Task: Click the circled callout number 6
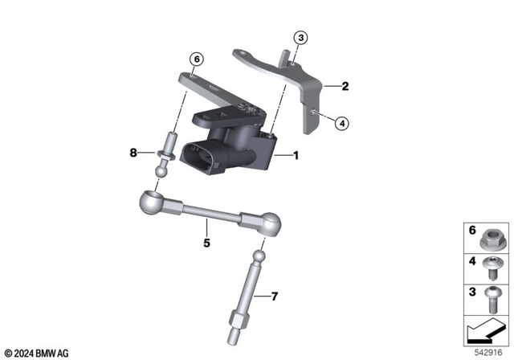197,58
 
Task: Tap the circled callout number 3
300,38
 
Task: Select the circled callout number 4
341,123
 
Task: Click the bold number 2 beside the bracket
345,86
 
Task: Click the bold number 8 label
134,152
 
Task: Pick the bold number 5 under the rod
206,242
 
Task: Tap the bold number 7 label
274,297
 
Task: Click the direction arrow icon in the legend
484,330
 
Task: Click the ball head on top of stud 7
259,257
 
